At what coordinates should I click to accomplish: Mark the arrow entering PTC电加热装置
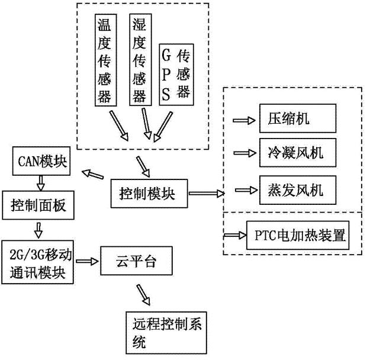pyautogui.click(x=235, y=235)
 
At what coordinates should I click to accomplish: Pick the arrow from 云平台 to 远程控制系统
pyautogui.click(x=143, y=292)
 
